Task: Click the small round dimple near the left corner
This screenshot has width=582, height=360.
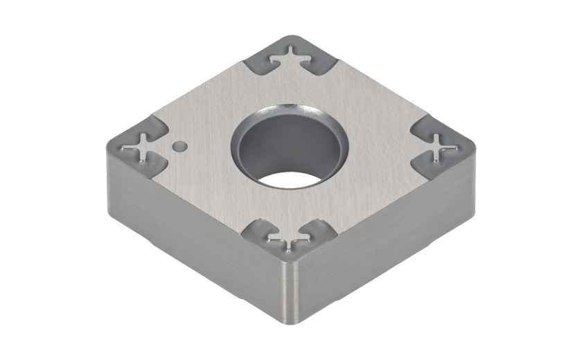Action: coord(179,145)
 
